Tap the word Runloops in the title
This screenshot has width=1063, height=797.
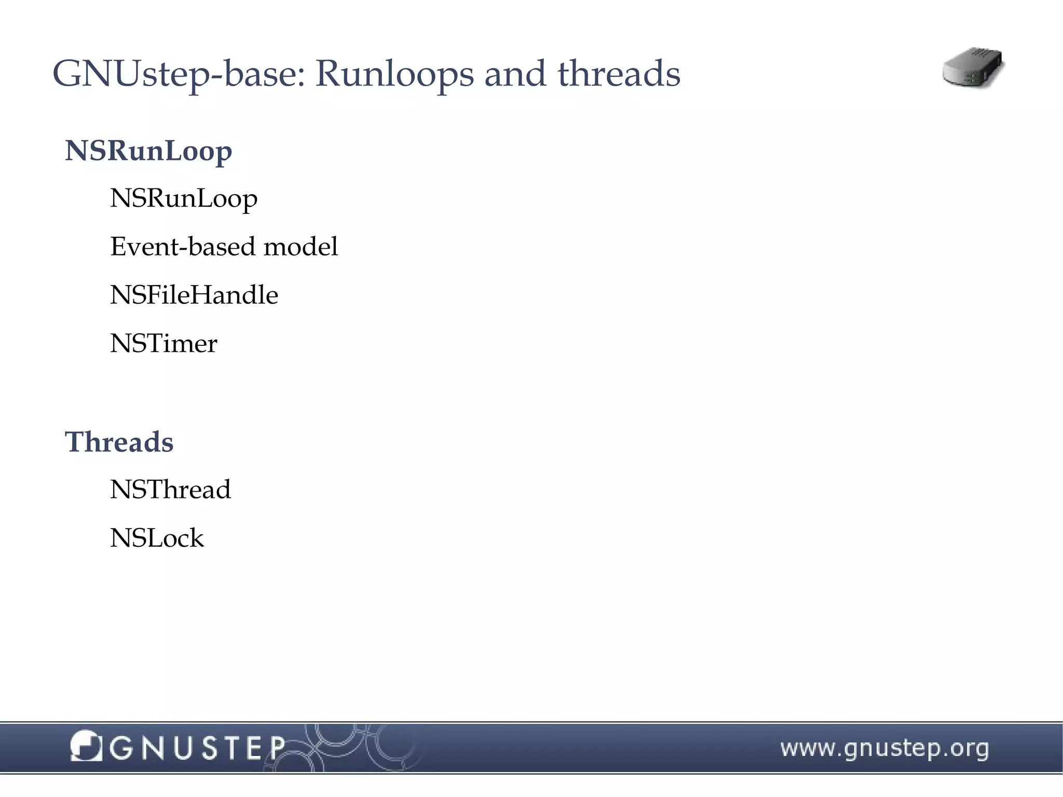[394, 74]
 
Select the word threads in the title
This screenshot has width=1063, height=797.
[619, 73]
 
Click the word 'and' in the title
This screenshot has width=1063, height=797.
[515, 73]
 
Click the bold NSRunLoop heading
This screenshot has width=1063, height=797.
[148, 152]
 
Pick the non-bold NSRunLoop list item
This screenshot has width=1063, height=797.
[184, 199]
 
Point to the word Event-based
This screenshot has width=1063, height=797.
[183, 246]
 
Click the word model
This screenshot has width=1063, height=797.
[301, 246]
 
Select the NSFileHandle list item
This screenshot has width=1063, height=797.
[194, 294]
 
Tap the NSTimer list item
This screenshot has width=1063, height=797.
[163, 343]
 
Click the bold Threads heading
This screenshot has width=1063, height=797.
[119, 442]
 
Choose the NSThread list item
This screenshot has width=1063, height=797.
[170, 489]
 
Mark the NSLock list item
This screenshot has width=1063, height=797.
[157, 538]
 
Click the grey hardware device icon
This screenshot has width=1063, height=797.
[973, 68]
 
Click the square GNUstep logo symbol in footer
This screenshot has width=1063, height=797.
[86, 746]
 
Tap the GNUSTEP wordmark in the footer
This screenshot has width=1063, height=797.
[197, 748]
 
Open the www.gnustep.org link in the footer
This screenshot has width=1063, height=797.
[884, 749]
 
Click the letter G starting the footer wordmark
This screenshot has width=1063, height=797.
[121, 748]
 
